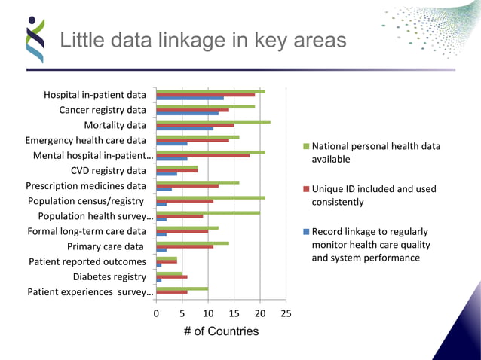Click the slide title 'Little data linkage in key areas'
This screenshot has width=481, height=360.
[x=203, y=40]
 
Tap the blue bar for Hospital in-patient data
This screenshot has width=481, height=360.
[x=189, y=99]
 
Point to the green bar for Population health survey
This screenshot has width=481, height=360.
[x=207, y=212]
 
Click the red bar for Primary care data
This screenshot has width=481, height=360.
[x=184, y=246]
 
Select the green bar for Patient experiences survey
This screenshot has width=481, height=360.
[x=182, y=288]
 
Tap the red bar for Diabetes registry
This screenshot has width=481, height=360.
[x=171, y=276]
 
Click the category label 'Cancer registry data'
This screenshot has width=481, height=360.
[x=103, y=110]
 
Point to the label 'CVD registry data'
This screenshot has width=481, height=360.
[x=109, y=170]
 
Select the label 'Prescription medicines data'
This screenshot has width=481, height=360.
[x=86, y=185]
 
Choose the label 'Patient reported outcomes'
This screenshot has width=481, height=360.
[x=87, y=261]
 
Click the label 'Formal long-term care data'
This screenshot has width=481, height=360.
[x=86, y=231]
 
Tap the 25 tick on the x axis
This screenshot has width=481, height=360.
[x=286, y=313]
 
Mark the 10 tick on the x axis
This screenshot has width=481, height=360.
[x=208, y=313]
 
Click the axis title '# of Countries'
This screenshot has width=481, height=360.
[x=222, y=331]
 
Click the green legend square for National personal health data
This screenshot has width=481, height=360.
[x=305, y=146]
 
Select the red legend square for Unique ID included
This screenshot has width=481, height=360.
[x=305, y=189]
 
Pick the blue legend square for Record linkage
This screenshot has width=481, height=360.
[x=305, y=231]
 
